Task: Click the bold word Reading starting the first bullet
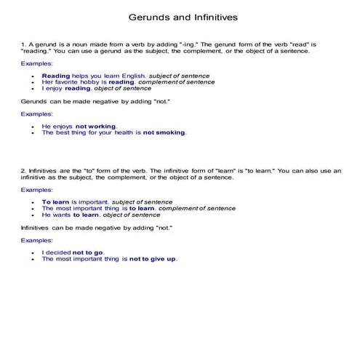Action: (56, 76)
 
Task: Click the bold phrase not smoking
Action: (164, 133)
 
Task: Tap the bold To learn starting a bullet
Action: (55, 201)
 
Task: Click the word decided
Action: (59, 252)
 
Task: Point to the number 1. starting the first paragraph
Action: (23, 44)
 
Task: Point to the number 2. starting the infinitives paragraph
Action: (23, 170)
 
